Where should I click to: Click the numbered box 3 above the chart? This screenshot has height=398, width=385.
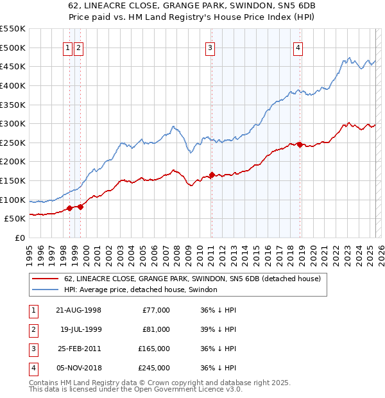click(x=210, y=47)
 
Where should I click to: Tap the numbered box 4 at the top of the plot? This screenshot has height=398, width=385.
click(x=298, y=47)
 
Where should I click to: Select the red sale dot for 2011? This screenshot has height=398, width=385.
click(x=212, y=175)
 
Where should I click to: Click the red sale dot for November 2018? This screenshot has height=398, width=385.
click(x=300, y=144)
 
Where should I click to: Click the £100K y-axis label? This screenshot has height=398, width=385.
click(x=14, y=200)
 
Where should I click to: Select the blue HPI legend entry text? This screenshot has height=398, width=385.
click(x=141, y=290)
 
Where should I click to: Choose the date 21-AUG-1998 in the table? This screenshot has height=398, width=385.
click(x=79, y=310)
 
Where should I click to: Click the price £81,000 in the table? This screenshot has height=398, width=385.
click(x=156, y=329)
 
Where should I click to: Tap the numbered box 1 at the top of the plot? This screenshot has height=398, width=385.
click(x=67, y=47)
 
